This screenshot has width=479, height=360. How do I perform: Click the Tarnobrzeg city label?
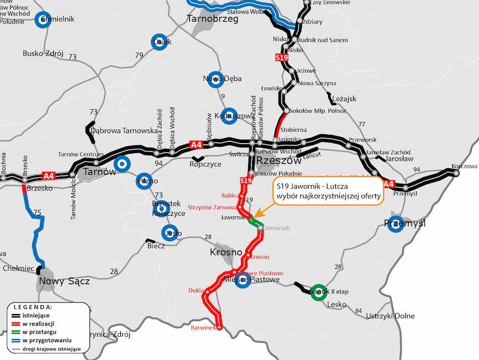(x=213, y=19)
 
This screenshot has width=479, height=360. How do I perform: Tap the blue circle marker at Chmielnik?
(x=43, y=20)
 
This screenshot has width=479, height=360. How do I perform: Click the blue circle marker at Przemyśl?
(x=396, y=224)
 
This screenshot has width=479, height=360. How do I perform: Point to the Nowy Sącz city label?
(x=64, y=281)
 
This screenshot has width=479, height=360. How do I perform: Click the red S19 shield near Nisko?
(x=281, y=57)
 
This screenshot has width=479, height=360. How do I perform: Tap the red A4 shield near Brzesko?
(x=49, y=176)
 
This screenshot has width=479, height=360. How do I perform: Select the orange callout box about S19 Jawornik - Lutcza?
(x=328, y=191)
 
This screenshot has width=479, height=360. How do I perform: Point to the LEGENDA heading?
(x=33, y=307)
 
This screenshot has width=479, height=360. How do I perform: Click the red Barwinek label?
(x=202, y=328)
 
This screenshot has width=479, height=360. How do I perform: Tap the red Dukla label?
(x=196, y=290)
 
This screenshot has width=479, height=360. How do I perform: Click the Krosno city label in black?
(x=226, y=252)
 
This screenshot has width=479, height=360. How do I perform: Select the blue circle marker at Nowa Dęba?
(x=215, y=79)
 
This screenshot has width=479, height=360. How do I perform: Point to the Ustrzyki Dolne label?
(x=390, y=316)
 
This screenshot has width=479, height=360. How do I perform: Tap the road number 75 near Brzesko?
(x=37, y=212)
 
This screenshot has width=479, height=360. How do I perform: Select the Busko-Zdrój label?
(x=43, y=54)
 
